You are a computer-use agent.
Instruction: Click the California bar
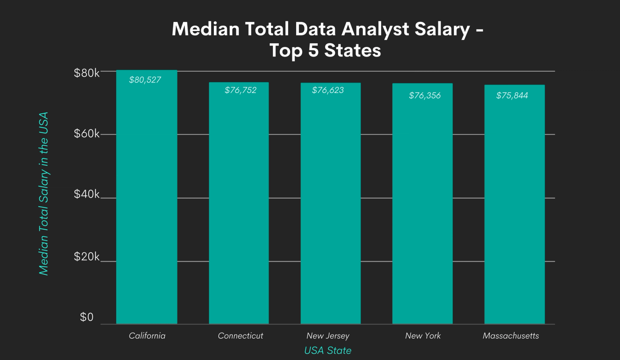[x=146, y=202]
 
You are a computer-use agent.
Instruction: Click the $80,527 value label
[x=145, y=80]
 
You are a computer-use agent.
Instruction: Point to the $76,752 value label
[x=240, y=90]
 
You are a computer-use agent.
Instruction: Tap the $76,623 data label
[x=328, y=90]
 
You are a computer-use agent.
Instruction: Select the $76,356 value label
[x=425, y=95]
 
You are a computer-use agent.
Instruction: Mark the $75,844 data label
[x=512, y=95]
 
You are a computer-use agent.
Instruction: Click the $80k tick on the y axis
[x=86, y=73]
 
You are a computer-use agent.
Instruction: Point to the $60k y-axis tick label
[x=86, y=134]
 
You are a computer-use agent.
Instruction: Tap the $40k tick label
[x=86, y=194]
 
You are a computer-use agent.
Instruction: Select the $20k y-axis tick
[x=86, y=257]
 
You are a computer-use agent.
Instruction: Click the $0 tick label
[x=86, y=317]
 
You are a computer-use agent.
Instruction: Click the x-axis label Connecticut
[x=240, y=336]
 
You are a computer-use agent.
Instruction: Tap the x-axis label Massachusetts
[x=511, y=336]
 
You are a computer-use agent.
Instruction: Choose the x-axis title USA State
[x=328, y=350]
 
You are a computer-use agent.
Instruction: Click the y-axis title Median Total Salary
[x=43, y=194]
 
